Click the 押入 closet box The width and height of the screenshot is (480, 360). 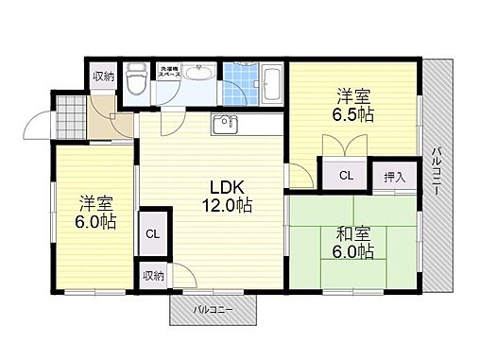[x=393, y=174]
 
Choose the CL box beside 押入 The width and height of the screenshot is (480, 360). [x=347, y=175]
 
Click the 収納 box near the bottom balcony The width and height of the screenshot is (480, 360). [x=153, y=275]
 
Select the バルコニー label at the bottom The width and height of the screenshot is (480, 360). [x=214, y=309]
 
